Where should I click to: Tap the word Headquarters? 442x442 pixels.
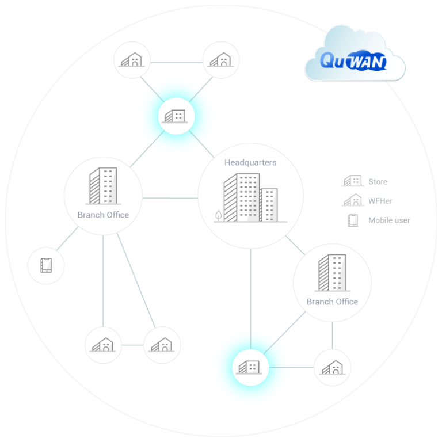click(x=250, y=163)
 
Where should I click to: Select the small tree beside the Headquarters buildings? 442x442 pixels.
click(x=218, y=216)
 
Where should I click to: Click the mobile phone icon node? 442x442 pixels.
click(x=46, y=265)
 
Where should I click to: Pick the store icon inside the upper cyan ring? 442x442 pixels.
click(x=176, y=117)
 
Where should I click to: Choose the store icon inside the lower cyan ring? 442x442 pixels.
click(x=250, y=367)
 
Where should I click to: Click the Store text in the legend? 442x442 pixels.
click(x=378, y=182)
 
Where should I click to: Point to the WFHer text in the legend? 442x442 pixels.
click(x=380, y=201)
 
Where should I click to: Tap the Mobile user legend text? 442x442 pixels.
click(x=389, y=220)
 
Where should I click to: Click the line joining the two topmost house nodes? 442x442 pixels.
click(x=176, y=60)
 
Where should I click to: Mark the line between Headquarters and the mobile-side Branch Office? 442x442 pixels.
click(x=170, y=198)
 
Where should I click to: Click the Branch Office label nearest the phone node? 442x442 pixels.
click(x=103, y=215)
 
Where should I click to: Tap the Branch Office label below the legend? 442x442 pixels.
click(x=332, y=302)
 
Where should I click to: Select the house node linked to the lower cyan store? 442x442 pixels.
click(x=332, y=367)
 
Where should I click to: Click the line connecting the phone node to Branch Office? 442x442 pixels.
click(x=67, y=241)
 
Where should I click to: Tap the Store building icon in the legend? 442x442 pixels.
click(x=352, y=181)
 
